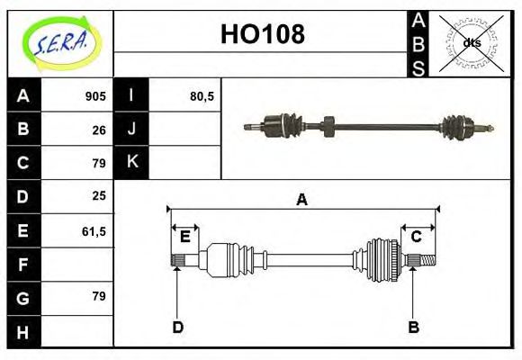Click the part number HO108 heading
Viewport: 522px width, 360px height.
262,35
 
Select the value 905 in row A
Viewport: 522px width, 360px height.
95,96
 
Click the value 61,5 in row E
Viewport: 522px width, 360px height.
94,231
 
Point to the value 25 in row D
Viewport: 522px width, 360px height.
99,195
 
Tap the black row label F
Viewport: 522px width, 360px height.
23,265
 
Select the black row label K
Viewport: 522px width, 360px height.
132,163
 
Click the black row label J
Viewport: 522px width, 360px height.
132,130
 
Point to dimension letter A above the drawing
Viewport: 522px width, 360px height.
302,200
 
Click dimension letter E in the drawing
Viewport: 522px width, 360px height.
184,237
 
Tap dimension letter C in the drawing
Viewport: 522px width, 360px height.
417,237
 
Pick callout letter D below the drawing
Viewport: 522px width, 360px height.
178,327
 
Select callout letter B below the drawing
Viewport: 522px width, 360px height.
414,327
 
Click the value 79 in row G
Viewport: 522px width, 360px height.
99,296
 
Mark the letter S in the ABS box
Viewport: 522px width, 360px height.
418,68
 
